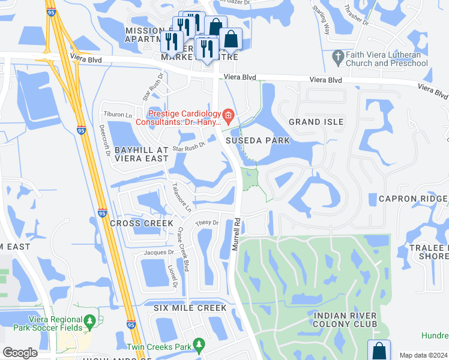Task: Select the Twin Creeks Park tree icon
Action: [201, 346]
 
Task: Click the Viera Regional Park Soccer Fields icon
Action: [90, 323]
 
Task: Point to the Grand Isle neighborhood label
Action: [316, 122]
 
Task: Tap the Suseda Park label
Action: [258, 140]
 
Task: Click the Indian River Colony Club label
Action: [345, 320]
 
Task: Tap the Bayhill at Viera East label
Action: [141, 154]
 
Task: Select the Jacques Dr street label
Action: [158, 253]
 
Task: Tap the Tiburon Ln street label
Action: [118, 114]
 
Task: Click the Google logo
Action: [20, 353]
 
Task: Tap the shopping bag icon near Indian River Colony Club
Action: [379, 349]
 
